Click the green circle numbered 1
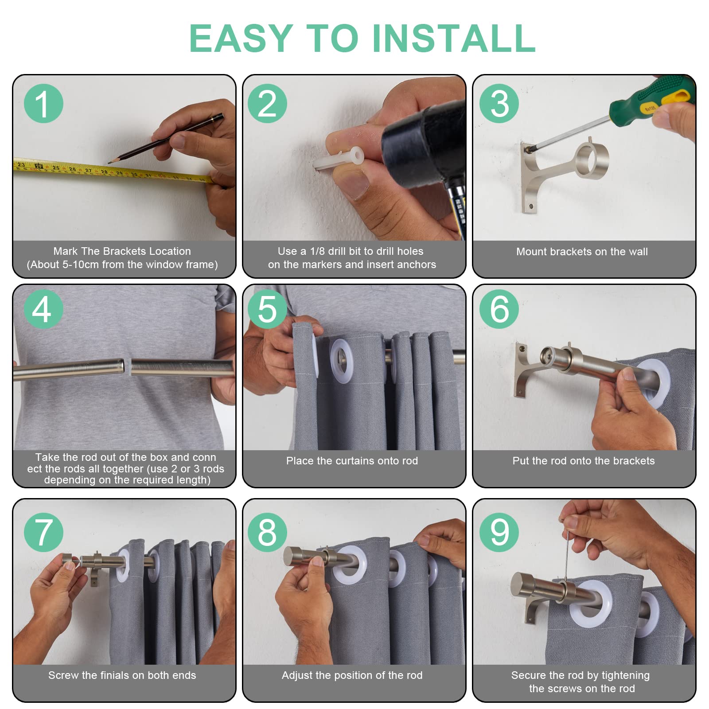tap(43, 103)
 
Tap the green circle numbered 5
tap(267, 309)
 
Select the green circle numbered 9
tap(499, 532)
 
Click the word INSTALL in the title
tap(454, 38)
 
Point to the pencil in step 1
tap(165, 138)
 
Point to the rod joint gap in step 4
tap(128, 367)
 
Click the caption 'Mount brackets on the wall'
tap(582, 252)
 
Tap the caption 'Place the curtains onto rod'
tap(352, 461)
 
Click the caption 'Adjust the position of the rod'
tap(352, 675)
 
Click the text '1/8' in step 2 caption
tap(318, 251)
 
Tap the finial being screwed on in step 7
tap(70, 561)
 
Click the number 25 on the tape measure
tap(56, 168)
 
